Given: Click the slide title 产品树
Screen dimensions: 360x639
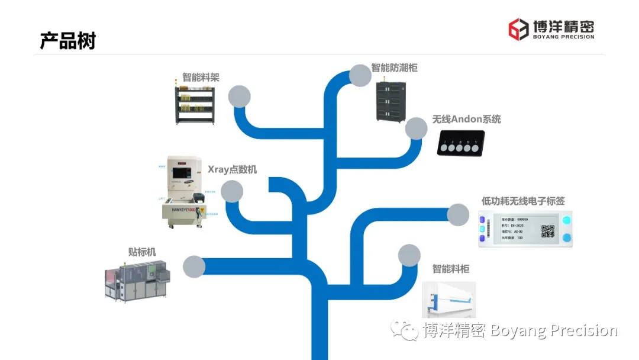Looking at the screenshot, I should tap(67, 41).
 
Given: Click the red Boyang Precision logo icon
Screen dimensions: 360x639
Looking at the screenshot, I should tap(518, 28).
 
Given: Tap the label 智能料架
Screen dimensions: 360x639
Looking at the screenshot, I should tap(201, 78).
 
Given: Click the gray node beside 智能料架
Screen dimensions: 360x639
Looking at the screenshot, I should tap(239, 96).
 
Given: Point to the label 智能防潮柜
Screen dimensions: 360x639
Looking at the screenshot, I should tap(394, 67).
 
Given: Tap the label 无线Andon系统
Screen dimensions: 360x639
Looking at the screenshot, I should tap(466, 119).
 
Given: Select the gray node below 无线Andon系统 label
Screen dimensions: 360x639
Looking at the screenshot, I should tap(416, 128).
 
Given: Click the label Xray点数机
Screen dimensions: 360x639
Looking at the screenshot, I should tap(232, 169).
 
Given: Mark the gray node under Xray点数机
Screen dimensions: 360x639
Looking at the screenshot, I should tap(232, 191).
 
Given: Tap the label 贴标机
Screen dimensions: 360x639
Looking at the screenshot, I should tap(142, 252).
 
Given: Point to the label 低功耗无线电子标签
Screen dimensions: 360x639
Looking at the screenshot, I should tap(523, 201).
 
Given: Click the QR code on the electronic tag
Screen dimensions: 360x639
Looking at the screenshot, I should tap(548, 232).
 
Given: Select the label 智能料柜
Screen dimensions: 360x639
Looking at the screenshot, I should tap(450, 269).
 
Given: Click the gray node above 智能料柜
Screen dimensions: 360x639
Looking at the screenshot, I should tap(409, 255).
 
